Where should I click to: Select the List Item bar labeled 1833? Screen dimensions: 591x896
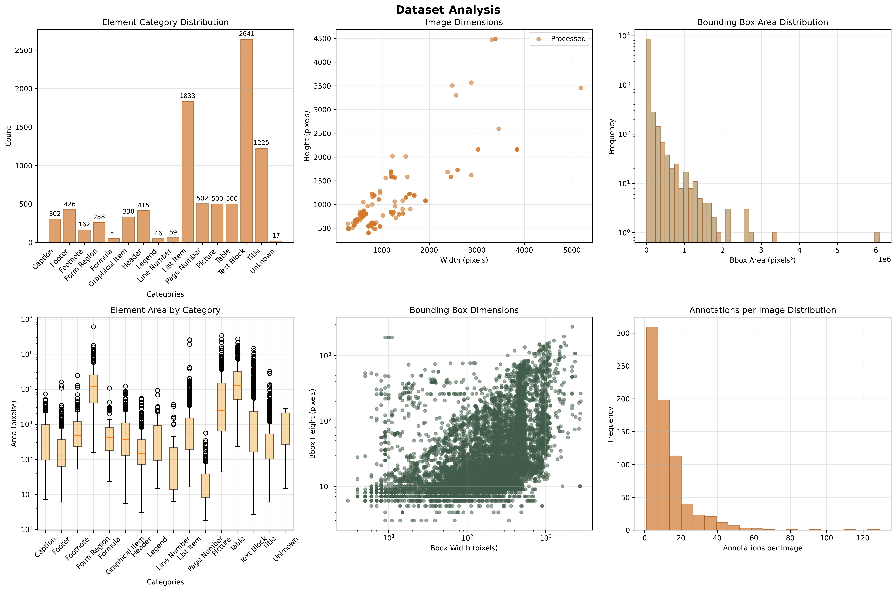[x=187, y=172]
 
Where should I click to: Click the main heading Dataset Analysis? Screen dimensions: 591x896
[x=448, y=10]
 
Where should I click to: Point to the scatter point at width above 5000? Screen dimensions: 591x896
[x=580, y=88]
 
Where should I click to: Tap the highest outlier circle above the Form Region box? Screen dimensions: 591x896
[x=93, y=327]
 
